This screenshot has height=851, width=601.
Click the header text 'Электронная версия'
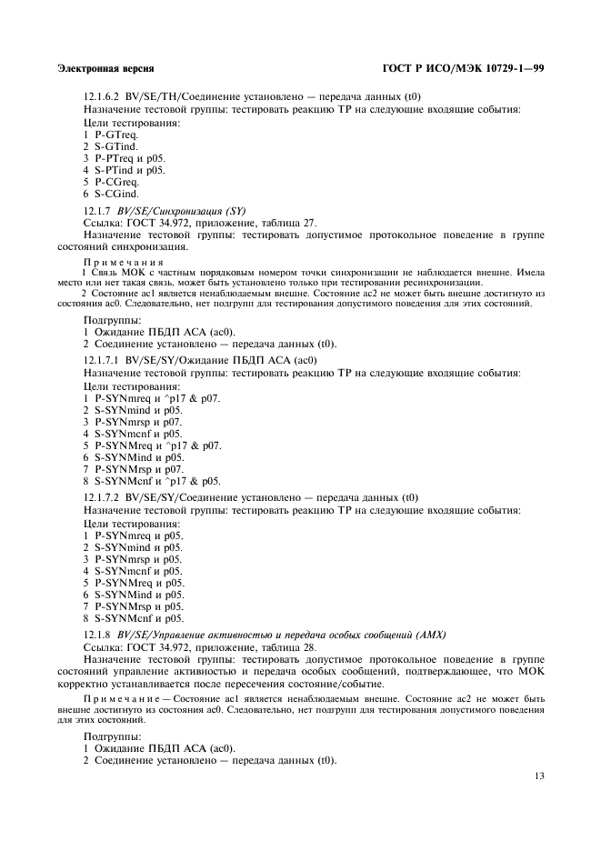tap(105, 68)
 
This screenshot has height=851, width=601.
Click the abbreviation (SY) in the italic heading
tap(235, 210)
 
